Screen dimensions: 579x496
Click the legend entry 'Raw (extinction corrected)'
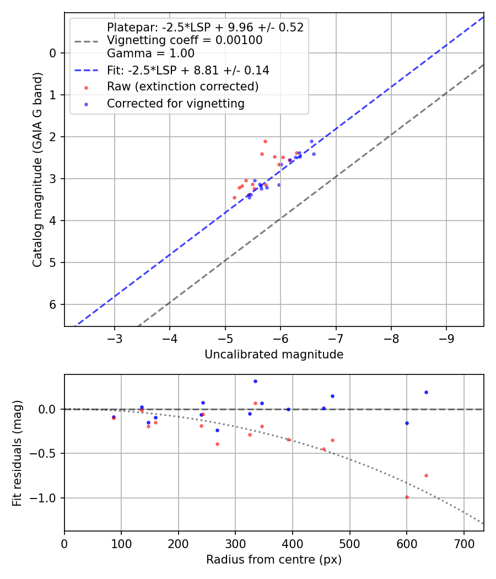tap(182, 87)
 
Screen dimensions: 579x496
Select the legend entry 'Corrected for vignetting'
tap(175, 103)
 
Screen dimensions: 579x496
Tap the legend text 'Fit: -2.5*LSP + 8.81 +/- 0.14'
tap(188, 70)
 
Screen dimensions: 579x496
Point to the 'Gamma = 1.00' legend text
tap(150, 53)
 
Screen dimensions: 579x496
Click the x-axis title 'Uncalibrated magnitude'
tap(274, 355)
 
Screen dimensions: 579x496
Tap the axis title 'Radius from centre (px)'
tap(274, 560)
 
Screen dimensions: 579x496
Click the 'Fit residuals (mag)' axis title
tap(17, 453)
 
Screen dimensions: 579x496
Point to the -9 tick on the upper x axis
tap(446, 337)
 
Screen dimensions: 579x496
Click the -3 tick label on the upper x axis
tap(115, 337)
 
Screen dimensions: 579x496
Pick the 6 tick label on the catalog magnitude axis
tap(53, 304)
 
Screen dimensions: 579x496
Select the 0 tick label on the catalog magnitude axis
tap(53, 53)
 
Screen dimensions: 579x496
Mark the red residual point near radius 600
tap(407, 497)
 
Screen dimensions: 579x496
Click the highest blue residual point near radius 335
tap(255, 381)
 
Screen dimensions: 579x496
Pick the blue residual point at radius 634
tap(426, 392)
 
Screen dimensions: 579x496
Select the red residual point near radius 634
tap(426, 475)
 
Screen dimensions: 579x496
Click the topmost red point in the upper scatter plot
tap(265, 141)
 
